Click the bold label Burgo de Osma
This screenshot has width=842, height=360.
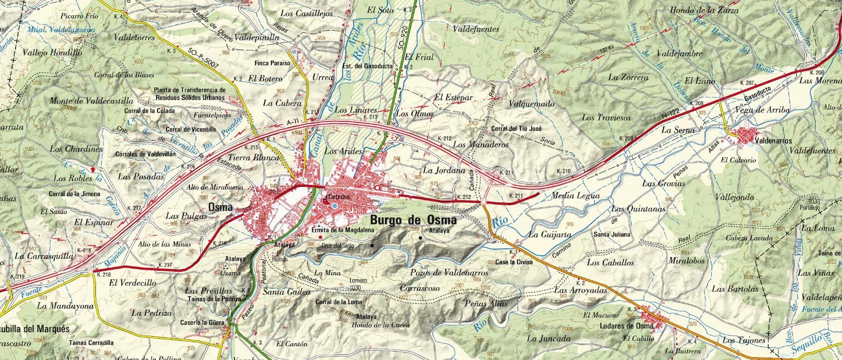pos(413,220)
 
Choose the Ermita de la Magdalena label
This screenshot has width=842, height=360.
pos(342,230)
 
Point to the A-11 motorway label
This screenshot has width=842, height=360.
pos(293,122)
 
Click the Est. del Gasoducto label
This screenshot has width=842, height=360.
pos(367,66)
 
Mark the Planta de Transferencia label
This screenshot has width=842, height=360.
pos(190,90)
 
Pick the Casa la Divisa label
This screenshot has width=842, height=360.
pos(514,262)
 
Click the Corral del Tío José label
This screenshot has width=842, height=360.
pos(516,128)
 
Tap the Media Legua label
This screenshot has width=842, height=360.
pos(569,195)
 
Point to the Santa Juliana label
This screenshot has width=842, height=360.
pos(611,234)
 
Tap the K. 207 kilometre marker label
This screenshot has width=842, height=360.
pos(747,83)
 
